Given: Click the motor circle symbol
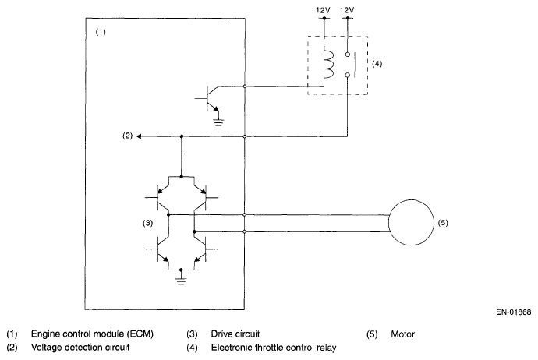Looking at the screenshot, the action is (389, 223).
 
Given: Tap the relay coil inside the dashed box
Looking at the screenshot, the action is (329, 65).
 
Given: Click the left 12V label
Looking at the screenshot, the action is (323, 10).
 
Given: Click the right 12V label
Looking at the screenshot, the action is (347, 10).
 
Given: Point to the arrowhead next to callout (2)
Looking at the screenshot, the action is (139, 136).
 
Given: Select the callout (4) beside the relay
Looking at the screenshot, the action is (377, 64).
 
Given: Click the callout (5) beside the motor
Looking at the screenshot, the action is (443, 223).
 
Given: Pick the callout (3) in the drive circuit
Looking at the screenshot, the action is (147, 223).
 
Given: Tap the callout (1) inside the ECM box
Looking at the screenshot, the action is (101, 32).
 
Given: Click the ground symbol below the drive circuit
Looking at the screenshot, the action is (181, 281).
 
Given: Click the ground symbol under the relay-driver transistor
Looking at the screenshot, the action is (218, 122).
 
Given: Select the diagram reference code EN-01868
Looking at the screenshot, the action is (513, 312).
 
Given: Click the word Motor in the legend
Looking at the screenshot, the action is (403, 334).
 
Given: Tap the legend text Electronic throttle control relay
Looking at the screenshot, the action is (274, 348).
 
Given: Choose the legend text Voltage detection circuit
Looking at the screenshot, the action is (80, 348).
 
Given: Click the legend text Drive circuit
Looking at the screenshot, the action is (235, 334).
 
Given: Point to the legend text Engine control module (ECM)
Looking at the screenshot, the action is (92, 334).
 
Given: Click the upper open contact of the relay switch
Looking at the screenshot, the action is (347, 55).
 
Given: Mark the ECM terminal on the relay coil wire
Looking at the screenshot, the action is (245, 86).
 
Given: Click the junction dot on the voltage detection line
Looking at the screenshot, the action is (182, 136).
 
